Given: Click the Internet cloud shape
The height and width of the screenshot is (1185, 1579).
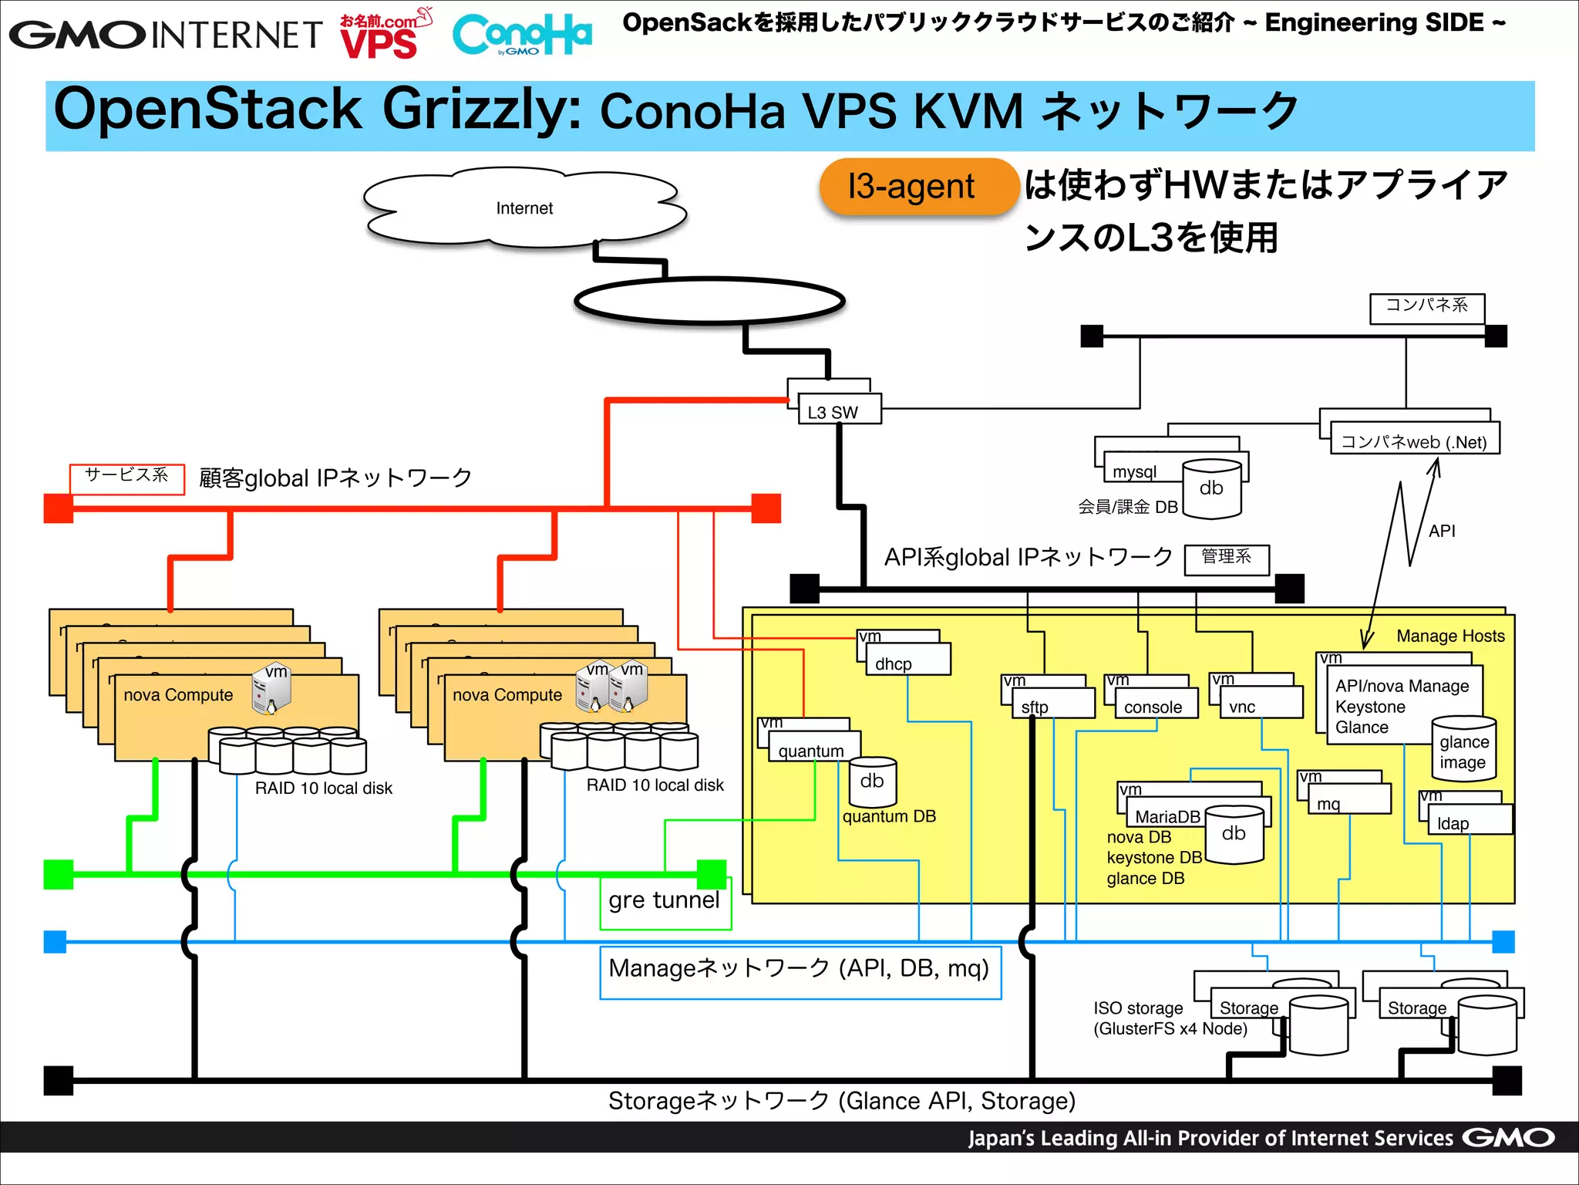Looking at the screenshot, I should tap(524, 208).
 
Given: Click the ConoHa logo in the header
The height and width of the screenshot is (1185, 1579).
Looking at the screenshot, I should tap(521, 35).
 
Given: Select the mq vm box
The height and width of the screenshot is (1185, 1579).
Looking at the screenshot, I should tap(1348, 799).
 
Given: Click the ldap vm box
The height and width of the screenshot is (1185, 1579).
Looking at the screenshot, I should tap(1470, 819).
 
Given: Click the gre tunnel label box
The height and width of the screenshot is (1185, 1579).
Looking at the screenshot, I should tap(665, 901).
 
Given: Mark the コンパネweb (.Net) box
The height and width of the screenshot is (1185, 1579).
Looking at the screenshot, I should tap(1414, 440).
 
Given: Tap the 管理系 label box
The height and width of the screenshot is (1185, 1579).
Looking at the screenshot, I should tap(1226, 559).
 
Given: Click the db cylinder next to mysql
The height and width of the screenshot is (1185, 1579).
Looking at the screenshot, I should tap(1211, 488).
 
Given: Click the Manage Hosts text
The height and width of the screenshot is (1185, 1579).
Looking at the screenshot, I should tap(1449, 636).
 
